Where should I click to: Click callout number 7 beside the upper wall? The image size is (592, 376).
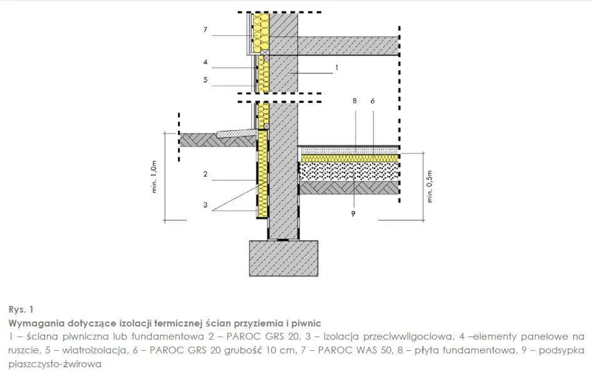tap(205, 29)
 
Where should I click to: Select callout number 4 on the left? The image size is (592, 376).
tap(205, 62)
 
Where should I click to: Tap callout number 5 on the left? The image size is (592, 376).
tap(205, 80)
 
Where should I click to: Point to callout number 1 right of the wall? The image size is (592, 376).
tap(337, 68)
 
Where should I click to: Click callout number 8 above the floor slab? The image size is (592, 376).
tap(355, 101)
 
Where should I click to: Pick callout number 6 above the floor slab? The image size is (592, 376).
tap(373, 101)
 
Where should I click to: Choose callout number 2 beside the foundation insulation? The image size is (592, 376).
tap(205, 174)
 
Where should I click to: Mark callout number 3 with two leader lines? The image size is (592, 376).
tap(205, 205)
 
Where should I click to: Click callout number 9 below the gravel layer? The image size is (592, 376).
tap(353, 214)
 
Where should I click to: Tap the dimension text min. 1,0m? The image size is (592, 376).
tap(154, 177)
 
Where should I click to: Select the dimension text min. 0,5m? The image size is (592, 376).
tap(430, 187)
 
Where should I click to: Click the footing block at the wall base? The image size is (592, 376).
tap(284, 259)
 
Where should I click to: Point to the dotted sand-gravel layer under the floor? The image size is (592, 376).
tap(349, 171)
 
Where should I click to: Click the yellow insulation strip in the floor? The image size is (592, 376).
tap(349, 158)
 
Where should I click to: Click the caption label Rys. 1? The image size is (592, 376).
tap(21, 310)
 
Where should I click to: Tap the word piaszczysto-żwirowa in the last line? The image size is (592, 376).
tap(55, 364)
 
